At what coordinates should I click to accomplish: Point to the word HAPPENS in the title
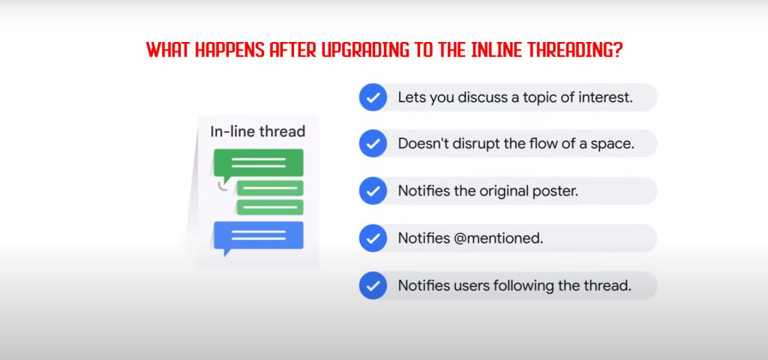click(229, 50)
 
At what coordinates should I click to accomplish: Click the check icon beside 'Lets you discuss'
click(373, 97)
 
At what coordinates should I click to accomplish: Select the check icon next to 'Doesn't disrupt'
click(373, 143)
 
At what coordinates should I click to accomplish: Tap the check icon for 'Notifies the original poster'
click(373, 190)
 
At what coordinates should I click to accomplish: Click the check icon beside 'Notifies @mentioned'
click(373, 238)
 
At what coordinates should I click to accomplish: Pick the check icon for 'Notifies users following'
click(373, 286)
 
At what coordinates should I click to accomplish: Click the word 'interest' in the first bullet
click(606, 97)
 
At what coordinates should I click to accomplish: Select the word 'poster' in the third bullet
click(556, 191)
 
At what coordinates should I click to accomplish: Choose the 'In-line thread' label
click(258, 131)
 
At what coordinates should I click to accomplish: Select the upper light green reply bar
click(270, 187)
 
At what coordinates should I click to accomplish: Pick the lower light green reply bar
click(270, 207)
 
